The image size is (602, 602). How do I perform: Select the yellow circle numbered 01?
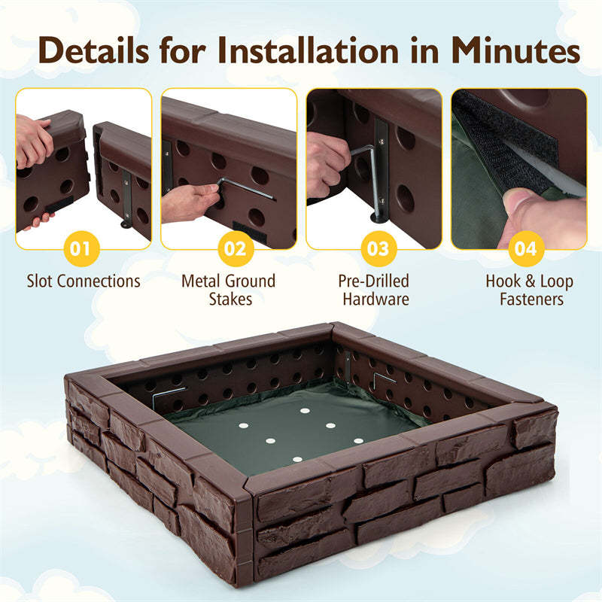pos(84,248)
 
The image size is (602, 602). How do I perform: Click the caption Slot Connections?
pos(84,281)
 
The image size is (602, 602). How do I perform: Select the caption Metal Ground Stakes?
pos(229,290)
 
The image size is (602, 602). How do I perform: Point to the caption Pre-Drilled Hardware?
pos(375,290)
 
